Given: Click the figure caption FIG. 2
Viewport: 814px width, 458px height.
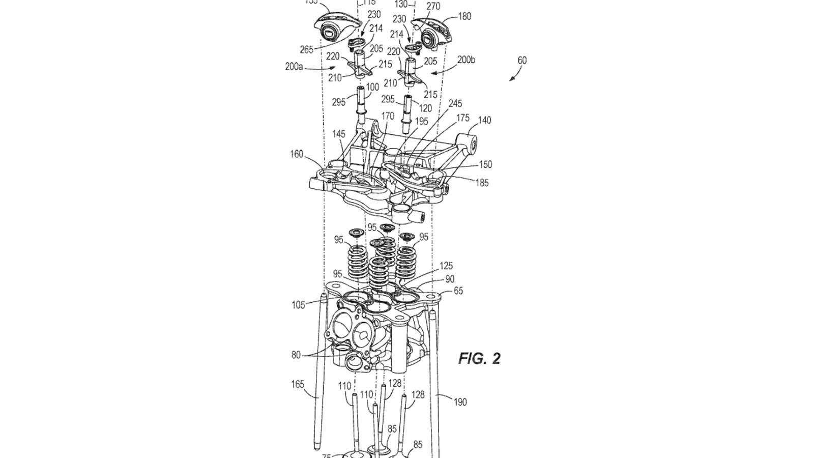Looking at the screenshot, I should coord(479,359).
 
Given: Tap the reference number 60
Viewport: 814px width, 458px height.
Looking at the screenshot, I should coord(522,60).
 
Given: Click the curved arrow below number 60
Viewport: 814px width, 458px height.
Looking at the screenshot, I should coord(514,75).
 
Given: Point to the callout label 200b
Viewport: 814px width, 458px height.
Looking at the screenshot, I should coord(466,60).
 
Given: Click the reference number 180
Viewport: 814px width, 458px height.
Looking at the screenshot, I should coord(464,16).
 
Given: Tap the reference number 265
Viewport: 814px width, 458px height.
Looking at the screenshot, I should coord(307,49).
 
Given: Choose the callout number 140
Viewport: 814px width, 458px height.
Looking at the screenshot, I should coord(484,120).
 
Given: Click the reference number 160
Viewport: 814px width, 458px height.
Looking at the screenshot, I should coord(297,154).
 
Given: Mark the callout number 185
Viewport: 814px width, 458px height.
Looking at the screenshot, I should coord(481,182).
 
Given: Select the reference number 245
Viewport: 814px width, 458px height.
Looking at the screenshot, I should coord(455,103).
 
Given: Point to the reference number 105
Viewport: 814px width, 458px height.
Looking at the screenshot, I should coord(299,305).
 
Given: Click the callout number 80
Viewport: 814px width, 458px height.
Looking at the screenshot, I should coord(296,355).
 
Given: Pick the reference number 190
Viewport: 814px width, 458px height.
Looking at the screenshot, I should coord(460,402).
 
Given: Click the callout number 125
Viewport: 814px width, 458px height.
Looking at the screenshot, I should coord(446,266).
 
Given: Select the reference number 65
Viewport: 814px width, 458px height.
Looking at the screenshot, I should coord(458,291).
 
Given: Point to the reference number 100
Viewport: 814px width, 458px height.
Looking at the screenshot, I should coord(372,87).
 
